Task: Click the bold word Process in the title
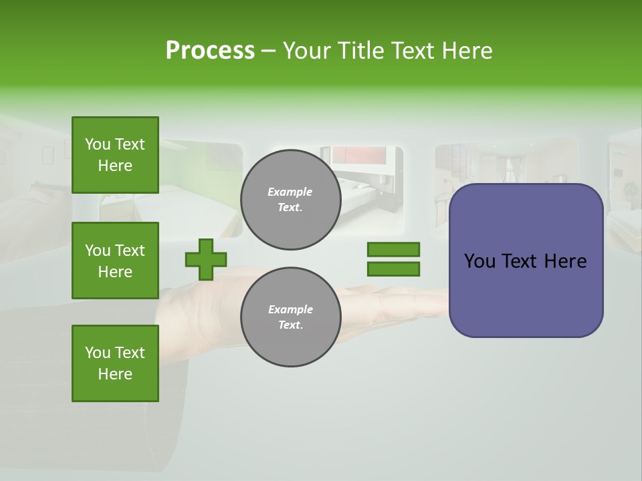coord(210,51)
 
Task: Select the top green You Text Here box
coord(115,155)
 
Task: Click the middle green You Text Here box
coord(115,261)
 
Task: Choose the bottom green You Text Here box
coord(115,363)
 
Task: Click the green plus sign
coord(206,259)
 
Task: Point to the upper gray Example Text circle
coord(290,200)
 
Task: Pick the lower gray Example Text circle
coord(290,317)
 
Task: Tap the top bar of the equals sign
coord(393,250)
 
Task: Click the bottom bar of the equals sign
coord(393,269)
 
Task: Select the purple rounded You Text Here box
coord(526,261)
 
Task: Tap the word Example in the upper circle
coord(290,192)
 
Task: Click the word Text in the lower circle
coord(290,325)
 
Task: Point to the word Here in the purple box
coord(565,261)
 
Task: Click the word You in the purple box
coord(479,261)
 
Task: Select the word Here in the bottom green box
coord(115,374)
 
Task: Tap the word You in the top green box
coord(98,144)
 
